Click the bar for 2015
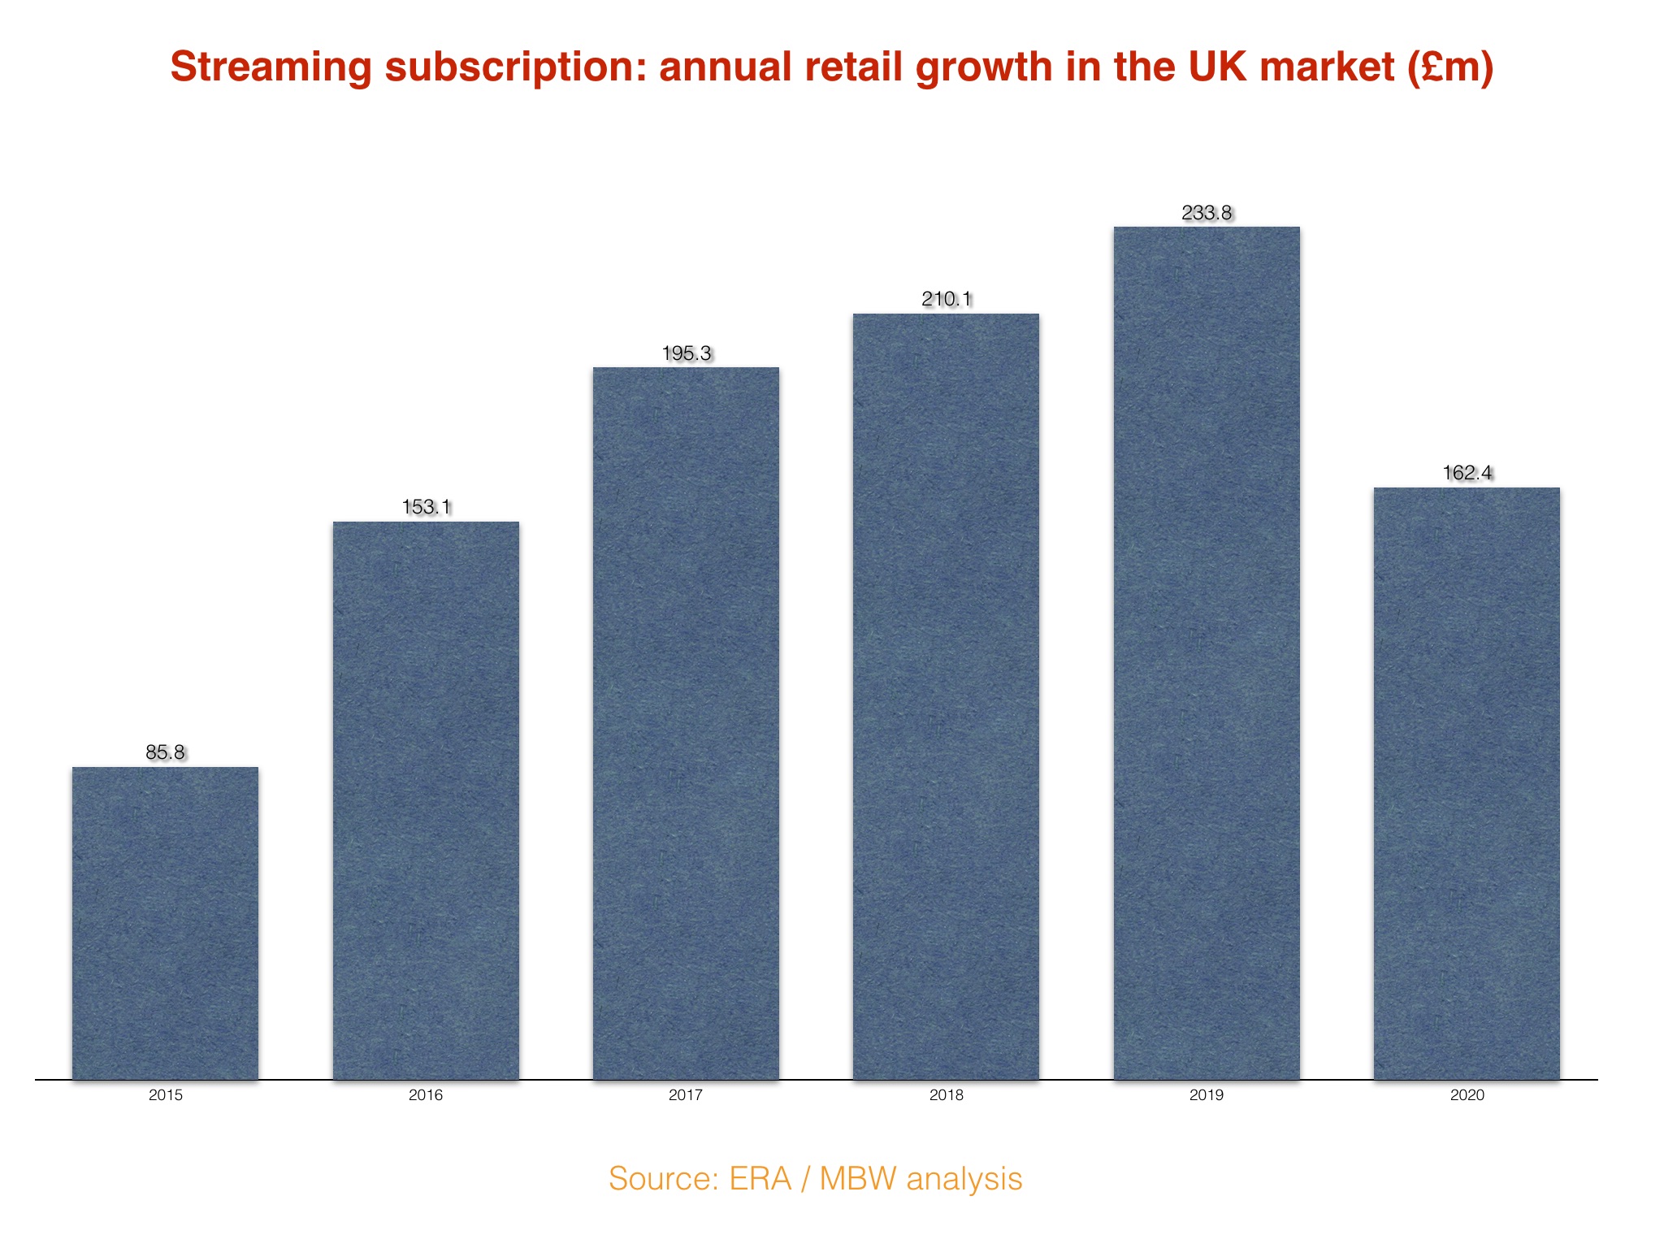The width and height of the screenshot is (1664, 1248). tap(166, 923)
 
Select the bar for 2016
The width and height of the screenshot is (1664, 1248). tap(426, 800)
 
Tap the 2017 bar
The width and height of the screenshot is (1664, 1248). tap(686, 723)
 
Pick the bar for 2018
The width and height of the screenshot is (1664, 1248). tap(946, 696)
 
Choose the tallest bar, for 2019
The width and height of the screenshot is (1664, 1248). tap(1207, 652)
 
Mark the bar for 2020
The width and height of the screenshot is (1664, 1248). tap(1467, 783)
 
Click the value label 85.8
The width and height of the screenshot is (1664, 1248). tap(166, 752)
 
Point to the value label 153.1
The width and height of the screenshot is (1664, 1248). tap(426, 507)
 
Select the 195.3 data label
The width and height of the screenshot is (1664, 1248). tap(687, 353)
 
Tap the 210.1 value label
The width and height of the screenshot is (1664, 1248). tap(947, 299)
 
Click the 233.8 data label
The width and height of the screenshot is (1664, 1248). tap(1207, 213)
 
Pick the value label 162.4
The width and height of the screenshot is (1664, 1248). tap(1467, 473)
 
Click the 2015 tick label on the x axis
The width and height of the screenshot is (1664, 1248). tap(166, 1095)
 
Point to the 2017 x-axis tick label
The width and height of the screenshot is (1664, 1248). tap(686, 1095)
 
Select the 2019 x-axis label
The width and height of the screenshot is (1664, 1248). tap(1207, 1095)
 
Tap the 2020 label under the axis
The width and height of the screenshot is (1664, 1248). tap(1467, 1095)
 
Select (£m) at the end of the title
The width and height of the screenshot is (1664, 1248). tap(1450, 67)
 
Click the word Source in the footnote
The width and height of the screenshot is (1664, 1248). tap(658, 1179)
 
